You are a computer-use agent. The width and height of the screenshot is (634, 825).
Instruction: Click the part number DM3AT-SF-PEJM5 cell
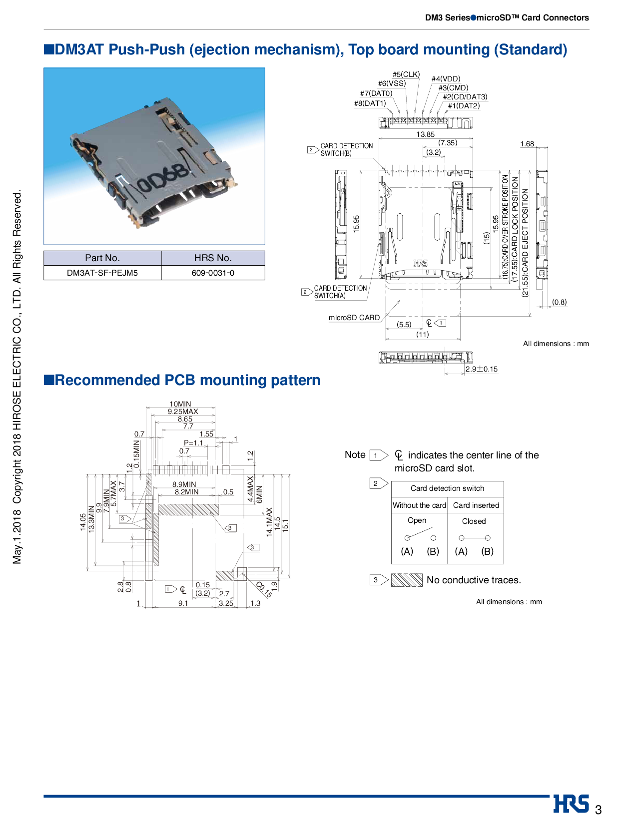102,273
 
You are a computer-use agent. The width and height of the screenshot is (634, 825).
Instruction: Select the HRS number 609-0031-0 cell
213,273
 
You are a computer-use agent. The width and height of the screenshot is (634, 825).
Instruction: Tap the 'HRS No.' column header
213,258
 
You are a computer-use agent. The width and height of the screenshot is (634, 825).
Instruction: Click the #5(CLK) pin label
406,74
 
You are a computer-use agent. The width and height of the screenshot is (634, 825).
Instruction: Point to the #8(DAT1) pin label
370,103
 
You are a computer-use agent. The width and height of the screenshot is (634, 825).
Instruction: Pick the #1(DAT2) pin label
464,106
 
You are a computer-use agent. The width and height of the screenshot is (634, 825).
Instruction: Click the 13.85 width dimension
425,134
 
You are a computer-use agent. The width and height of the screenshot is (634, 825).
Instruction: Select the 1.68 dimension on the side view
527,144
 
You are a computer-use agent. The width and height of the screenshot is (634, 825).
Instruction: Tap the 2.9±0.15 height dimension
482,369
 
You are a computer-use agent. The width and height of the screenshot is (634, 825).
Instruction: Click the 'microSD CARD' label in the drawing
354,318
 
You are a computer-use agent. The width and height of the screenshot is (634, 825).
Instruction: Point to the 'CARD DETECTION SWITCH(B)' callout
346,149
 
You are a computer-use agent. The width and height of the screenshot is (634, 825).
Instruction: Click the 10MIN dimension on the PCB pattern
180,404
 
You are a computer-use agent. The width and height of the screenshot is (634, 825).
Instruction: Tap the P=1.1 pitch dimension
193,443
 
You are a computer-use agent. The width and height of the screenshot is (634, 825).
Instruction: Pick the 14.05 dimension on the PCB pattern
83,522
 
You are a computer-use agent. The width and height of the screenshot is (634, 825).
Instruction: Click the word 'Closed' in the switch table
474,521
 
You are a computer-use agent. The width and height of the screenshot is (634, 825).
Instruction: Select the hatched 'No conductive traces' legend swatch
407,580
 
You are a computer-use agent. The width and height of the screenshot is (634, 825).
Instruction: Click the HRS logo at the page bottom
571,804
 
